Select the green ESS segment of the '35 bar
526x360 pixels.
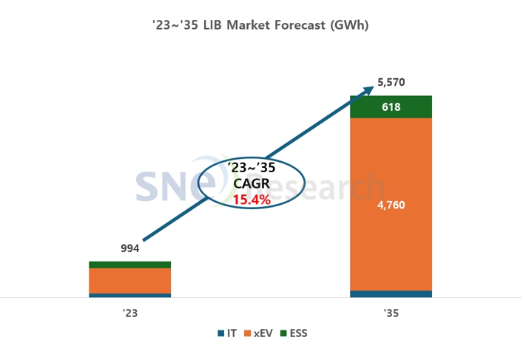click(x=391, y=107)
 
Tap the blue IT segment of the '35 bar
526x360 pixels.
click(x=391, y=293)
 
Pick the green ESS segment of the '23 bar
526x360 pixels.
click(x=129, y=265)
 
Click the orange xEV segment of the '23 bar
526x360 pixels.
click(x=129, y=281)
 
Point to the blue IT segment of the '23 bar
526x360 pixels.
click(x=129, y=295)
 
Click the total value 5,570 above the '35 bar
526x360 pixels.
click(x=391, y=83)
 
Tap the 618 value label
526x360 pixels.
click(x=391, y=108)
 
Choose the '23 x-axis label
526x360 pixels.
click(x=129, y=313)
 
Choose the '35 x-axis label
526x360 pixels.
click(x=391, y=313)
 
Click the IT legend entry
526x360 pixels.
click(x=228, y=333)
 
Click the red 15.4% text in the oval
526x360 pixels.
click(x=252, y=200)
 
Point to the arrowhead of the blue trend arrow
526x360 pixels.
click(x=371, y=89)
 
